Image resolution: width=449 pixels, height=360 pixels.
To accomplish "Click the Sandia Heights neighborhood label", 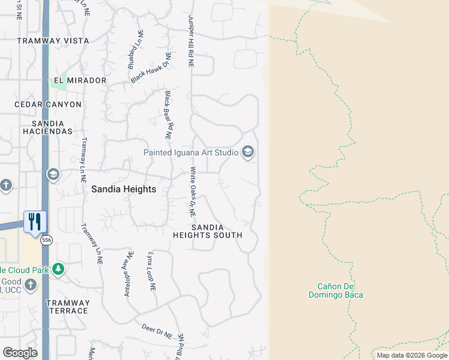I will point(124,189).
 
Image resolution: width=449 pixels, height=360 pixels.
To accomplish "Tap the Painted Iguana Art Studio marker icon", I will point(247,152).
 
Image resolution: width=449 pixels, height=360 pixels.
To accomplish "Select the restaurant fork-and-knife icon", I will point(35,221).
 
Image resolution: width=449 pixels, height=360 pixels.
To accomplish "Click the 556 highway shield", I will point(46,241).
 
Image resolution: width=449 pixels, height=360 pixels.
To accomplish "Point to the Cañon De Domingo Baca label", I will point(336,291).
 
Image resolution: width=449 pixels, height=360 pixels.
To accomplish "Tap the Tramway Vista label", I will point(53,41).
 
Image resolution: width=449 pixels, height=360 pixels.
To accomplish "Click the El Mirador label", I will point(80,80).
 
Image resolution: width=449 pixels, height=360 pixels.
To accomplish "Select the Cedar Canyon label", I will point(48,104).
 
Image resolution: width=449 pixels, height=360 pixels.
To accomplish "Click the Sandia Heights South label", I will point(208,232).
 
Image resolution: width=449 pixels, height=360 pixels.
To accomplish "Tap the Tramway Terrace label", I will point(68,307).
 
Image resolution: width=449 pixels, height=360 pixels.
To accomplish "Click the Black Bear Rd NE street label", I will point(169,116).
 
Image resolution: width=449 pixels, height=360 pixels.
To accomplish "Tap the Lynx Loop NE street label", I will point(151,271).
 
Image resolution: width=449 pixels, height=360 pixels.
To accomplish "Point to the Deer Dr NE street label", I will point(157,329).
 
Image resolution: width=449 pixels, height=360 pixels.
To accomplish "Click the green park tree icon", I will point(58,269).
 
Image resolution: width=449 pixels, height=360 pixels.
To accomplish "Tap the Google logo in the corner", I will point(20,353).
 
